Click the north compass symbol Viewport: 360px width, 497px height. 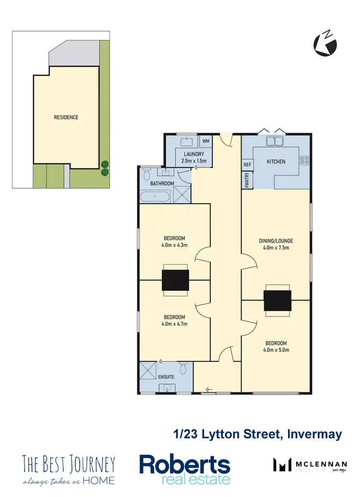click(x=325, y=44)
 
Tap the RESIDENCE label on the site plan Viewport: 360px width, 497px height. click(x=66, y=117)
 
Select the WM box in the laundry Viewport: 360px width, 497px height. click(x=206, y=141)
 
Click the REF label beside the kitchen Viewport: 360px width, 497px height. click(x=248, y=165)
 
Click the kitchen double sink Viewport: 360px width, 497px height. click(x=276, y=142)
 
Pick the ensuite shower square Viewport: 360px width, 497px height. click(x=149, y=372)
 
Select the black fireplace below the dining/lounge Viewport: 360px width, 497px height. click(x=277, y=301)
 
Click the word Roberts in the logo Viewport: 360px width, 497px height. click(x=185, y=465)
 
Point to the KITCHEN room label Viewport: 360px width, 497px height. click(x=276, y=162)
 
